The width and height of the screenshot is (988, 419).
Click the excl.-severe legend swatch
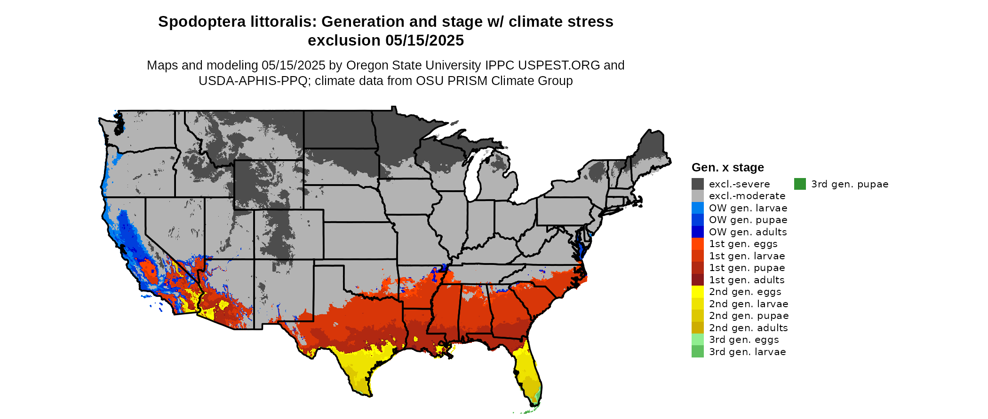click(697, 184)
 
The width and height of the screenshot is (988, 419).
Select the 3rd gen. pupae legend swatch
click(800, 184)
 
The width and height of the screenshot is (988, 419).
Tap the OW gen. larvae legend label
click(748, 208)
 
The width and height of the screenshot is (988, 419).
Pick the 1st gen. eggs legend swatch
click(697, 244)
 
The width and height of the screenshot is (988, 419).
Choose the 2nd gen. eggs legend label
click(745, 292)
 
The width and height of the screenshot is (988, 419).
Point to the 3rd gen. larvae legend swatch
click(697, 352)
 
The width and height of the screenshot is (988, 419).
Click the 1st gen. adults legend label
click(747, 280)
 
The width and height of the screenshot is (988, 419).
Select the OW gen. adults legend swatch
click(697, 232)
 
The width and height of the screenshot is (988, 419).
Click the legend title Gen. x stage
click(727, 168)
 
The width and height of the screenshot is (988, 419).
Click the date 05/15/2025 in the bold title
click(424, 41)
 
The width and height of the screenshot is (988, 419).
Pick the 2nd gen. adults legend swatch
click(697, 328)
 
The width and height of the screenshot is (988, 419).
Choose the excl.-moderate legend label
click(747, 196)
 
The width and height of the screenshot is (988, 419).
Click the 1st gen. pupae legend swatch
click(697, 268)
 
